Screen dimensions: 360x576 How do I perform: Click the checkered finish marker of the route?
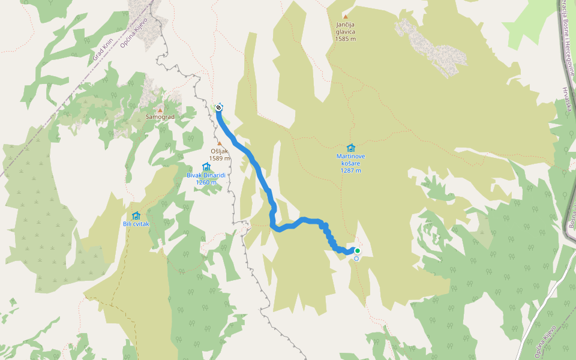(219, 107)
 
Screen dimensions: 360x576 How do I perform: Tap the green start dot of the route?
(358, 251)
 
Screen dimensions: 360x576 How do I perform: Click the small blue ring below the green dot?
(356, 259)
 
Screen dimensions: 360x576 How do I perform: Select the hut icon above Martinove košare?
(350, 148)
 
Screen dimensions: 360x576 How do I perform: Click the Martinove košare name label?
(351, 160)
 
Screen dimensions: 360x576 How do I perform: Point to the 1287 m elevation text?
(351, 170)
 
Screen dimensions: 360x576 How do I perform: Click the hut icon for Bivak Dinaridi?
(206, 166)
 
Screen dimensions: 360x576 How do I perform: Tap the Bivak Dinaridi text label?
(206, 175)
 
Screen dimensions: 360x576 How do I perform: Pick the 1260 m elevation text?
(206, 182)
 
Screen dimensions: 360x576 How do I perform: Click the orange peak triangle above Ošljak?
(220, 143)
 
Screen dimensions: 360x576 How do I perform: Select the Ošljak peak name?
(220, 151)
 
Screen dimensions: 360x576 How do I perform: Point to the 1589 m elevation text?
(220, 158)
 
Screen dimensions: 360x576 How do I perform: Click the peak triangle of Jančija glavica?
(346, 17)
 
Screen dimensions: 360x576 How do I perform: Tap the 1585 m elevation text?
(346, 39)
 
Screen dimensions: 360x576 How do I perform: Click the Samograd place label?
(160, 117)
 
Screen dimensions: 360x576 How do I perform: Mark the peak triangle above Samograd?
(160, 110)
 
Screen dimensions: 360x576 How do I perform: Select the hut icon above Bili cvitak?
(136, 215)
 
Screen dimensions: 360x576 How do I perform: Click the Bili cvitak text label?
(136, 224)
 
